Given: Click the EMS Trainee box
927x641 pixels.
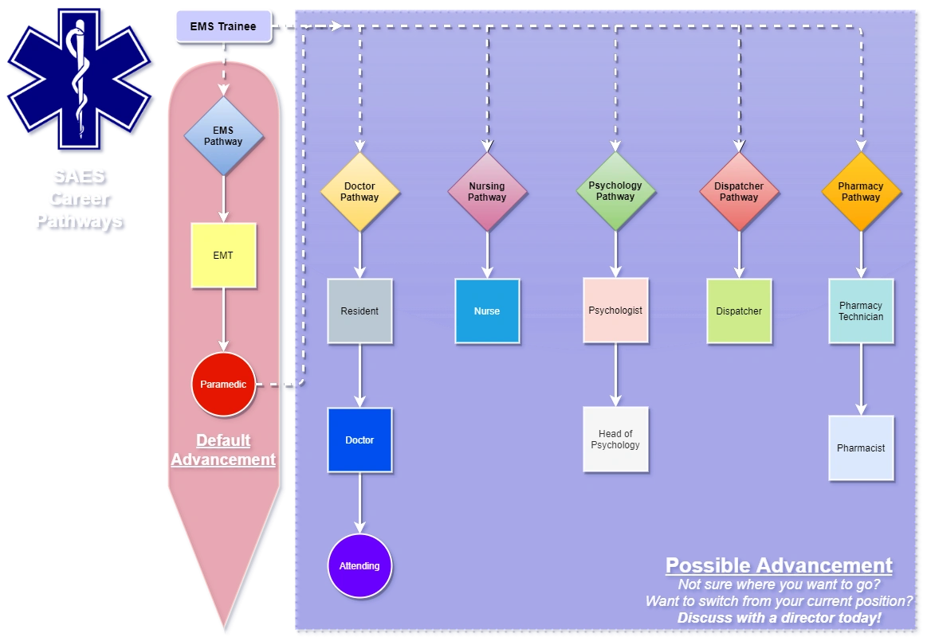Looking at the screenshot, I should click(223, 26).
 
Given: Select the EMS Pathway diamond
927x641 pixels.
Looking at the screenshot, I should click(223, 136).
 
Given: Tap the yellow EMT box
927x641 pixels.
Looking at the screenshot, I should click(223, 256).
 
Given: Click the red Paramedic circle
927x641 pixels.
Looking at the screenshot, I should click(223, 385).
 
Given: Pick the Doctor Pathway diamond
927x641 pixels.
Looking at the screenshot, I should click(359, 192).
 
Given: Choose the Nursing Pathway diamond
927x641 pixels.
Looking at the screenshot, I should click(487, 192).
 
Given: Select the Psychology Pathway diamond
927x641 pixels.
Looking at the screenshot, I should click(615, 191).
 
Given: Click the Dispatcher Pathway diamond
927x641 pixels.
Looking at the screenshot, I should click(739, 192).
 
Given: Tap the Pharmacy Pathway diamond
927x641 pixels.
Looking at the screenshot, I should click(861, 192).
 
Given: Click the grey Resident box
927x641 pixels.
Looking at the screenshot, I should click(359, 311).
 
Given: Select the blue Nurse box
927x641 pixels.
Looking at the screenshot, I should click(487, 311).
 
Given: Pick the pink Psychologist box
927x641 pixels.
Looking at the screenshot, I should click(615, 310).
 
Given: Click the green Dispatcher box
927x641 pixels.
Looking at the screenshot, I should click(739, 311).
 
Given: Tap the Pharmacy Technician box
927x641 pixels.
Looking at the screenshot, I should click(861, 311).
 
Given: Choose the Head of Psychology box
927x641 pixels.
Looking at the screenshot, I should click(615, 440).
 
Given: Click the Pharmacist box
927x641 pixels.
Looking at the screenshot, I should click(861, 448).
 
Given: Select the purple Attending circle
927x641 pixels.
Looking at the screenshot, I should click(359, 566).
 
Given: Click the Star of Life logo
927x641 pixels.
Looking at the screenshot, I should click(79, 79).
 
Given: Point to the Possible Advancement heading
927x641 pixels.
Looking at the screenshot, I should click(779, 566).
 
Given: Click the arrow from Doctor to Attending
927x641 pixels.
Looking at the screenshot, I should click(359, 503).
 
